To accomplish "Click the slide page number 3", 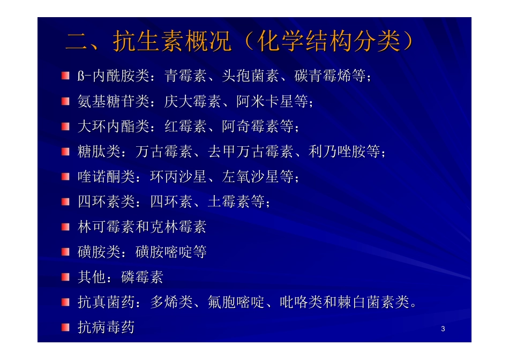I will (x=443, y=328).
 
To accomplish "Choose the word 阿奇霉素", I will (x=250, y=126).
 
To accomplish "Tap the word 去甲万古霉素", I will (x=257, y=152).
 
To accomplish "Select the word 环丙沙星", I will (x=178, y=177).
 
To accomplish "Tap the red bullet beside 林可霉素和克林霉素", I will (x=65, y=227).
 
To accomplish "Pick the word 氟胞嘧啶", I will (x=236, y=302).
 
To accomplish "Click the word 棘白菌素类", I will (x=373, y=302).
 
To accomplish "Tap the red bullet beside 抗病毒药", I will (x=65, y=327).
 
